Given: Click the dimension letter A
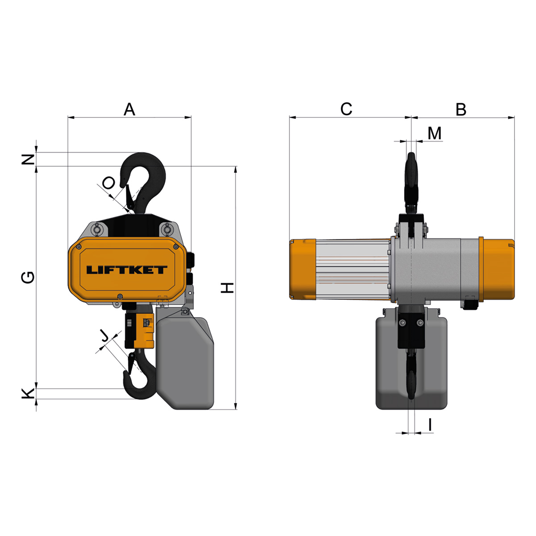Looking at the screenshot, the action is click(x=130, y=109).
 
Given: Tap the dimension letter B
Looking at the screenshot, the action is click(x=461, y=109).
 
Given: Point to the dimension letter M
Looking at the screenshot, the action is click(x=435, y=133).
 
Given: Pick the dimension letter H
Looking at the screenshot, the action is click(x=227, y=288).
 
